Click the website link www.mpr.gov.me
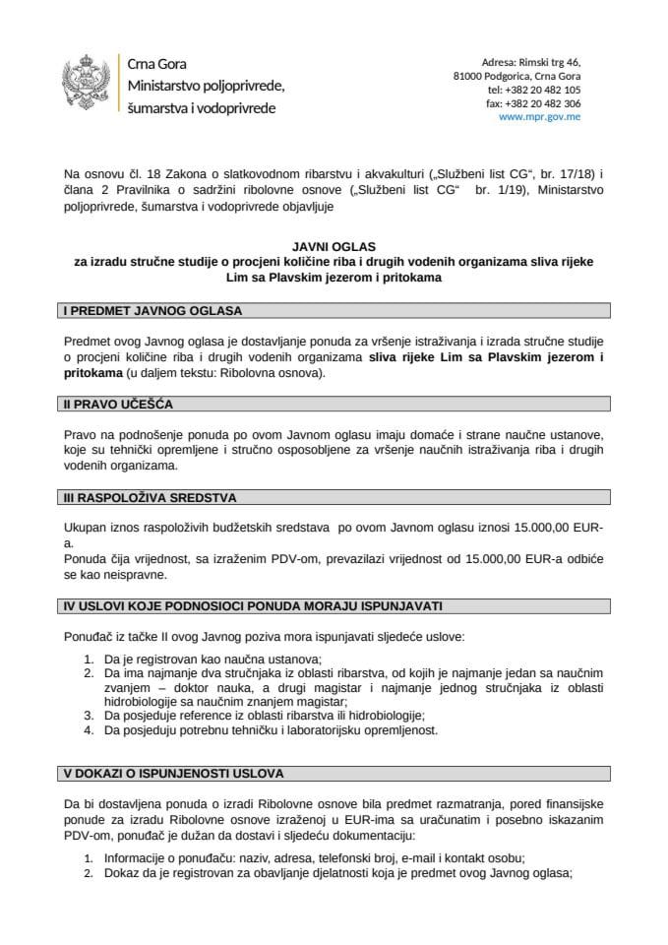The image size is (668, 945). (540, 116)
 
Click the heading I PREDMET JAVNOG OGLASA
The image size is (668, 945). (152, 311)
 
